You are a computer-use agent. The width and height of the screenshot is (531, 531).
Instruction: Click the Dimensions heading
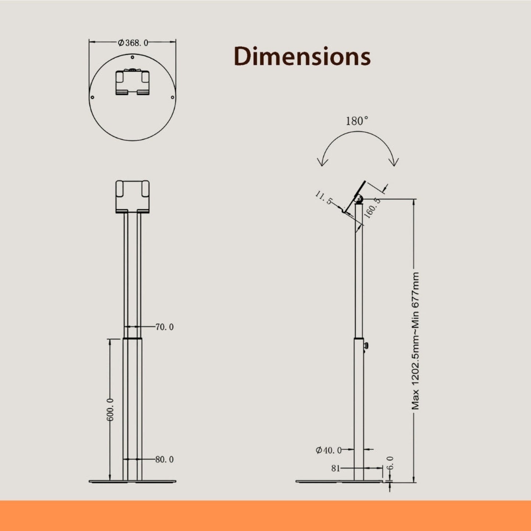pos(302,57)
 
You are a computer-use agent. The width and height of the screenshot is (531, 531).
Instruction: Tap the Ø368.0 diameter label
pos(133,43)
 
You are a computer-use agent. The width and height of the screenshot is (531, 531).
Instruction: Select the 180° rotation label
pos(357,121)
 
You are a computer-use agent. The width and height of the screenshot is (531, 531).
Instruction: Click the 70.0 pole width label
pos(164,327)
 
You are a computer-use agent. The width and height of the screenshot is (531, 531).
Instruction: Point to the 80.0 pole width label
pos(164,459)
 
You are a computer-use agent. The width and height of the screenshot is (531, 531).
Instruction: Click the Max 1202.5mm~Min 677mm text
pos(415,341)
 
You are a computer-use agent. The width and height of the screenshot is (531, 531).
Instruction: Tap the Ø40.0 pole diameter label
pos(329,450)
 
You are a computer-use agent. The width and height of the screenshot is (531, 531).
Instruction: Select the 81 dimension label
pos(336,468)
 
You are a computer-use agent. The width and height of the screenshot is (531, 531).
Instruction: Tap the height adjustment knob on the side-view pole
pos(366,346)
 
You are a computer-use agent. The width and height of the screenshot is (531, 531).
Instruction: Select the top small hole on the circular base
pos(132,57)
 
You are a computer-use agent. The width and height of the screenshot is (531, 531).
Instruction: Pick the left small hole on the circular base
pos(92,97)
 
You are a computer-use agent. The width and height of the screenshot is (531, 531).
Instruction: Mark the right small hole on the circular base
pos(173,97)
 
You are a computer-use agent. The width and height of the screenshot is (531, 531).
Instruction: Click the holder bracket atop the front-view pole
pos(132,196)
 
